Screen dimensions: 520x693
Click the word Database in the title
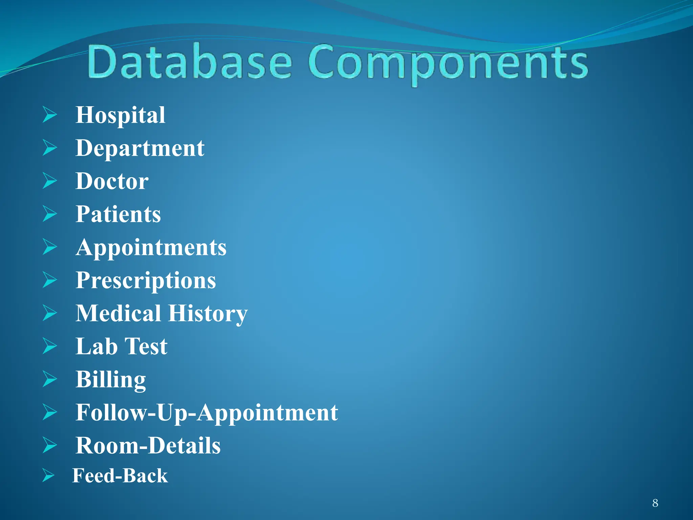(189, 63)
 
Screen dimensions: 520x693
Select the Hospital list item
(120, 115)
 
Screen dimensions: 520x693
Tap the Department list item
(140, 148)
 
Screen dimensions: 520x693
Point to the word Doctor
(112, 181)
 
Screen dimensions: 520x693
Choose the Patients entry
(118, 214)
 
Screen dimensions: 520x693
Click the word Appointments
(151, 247)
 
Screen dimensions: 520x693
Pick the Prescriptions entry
(146, 280)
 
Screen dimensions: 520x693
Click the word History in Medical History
(208, 313)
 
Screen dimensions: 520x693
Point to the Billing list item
(111, 380)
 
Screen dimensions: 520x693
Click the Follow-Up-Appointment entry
(206, 412)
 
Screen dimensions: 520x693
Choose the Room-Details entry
(148, 446)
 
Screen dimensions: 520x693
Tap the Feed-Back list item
(120, 476)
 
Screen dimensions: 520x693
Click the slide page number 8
(655, 503)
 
